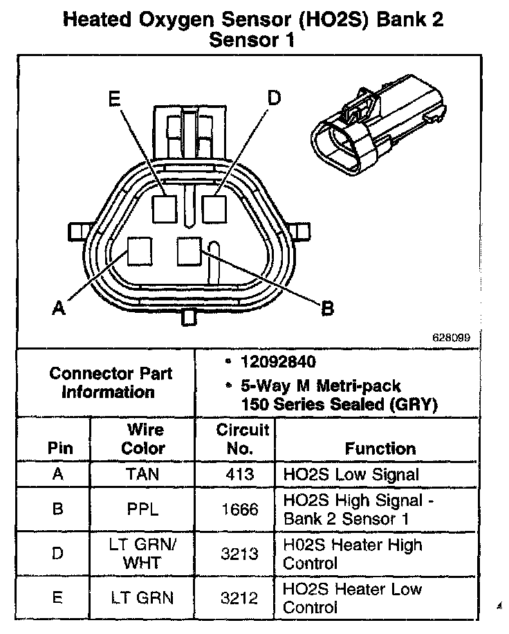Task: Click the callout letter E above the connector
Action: click(113, 98)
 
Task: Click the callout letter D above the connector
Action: click(275, 98)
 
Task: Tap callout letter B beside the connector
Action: click(327, 307)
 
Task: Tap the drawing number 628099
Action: click(452, 338)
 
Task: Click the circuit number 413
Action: click(239, 475)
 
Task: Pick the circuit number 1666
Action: click(239, 509)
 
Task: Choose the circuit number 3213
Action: click(239, 554)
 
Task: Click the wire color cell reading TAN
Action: click(142, 475)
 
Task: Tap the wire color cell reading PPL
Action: click(142, 509)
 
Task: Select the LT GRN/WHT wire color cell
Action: click(142, 554)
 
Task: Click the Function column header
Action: click(380, 449)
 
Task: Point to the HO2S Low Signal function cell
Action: click(351, 475)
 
